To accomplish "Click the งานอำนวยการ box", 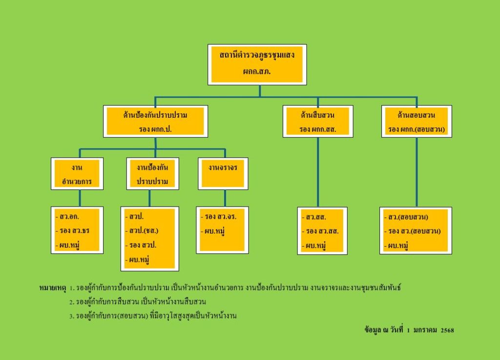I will coord(77,173).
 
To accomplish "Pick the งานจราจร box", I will coord(223,168).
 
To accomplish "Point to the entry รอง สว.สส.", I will coord(322,231).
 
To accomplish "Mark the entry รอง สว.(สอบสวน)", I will coord(414,231).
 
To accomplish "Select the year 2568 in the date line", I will coord(447,330).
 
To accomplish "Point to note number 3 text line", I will coord(156,316).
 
